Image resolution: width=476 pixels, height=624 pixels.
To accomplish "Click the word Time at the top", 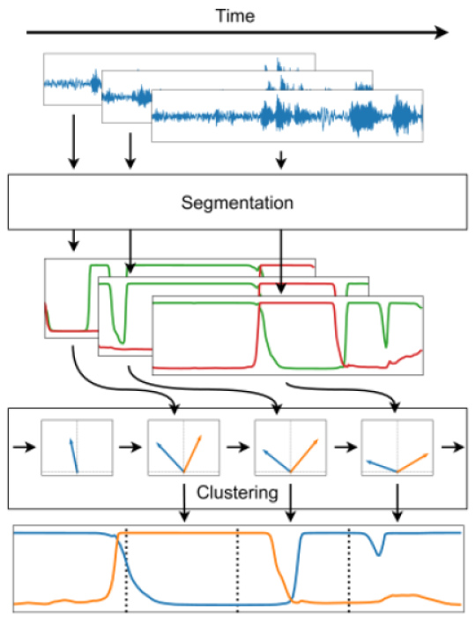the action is click(x=234, y=16).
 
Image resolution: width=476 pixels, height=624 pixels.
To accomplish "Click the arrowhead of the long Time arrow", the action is click(x=442, y=33).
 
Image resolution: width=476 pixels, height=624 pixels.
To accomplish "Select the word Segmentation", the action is click(x=237, y=203).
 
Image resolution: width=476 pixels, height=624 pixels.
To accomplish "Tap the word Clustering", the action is click(x=237, y=492).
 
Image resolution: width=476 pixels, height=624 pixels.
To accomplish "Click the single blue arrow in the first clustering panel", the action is click(x=74, y=455).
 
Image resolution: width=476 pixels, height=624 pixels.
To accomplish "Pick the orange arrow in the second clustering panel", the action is click(x=193, y=454).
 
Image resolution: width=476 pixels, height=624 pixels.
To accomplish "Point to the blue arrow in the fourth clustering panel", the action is click(x=382, y=466).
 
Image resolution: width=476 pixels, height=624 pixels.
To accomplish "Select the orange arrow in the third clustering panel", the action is click(x=304, y=455).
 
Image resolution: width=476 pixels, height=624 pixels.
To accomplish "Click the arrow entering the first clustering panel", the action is click(x=24, y=447).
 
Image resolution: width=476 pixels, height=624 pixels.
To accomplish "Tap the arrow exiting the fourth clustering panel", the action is click(x=453, y=447).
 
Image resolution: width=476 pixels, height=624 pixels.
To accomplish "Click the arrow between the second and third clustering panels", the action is click(x=238, y=447).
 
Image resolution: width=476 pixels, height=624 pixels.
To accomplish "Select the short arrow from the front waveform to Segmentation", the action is click(x=281, y=160).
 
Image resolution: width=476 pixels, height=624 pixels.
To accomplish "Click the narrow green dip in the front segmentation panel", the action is click(x=386, y=327).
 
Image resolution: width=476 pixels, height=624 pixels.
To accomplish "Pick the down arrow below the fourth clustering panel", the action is click(x=398, y=502).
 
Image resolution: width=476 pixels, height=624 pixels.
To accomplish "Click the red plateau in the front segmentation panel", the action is click(x=296, y=304).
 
